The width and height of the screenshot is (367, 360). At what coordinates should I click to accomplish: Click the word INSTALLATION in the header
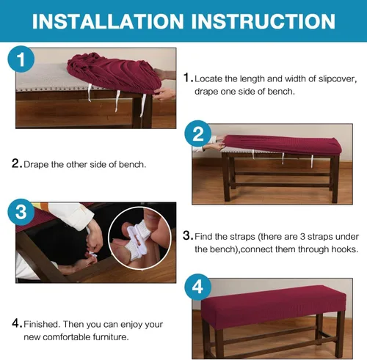[x=108, y=21]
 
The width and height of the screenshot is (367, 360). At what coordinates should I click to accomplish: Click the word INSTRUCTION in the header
[x=264, y=21]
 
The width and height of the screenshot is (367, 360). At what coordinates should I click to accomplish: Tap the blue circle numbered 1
[x=21, y=59]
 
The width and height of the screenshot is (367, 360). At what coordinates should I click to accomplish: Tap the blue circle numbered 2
[x=198, y=133]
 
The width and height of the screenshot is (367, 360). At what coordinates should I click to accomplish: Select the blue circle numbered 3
[x=21, y=212]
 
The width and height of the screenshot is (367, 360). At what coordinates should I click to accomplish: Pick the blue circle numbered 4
[x=198, y=287]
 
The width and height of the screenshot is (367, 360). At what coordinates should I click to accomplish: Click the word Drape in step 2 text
[x=36, y=165]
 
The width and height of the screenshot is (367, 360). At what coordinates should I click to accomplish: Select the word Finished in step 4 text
[x=42, y=324]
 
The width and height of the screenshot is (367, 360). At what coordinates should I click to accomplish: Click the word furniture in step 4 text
[x=111, y=337]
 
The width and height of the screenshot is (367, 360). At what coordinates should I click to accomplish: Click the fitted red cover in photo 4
[x=274, y=306]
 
